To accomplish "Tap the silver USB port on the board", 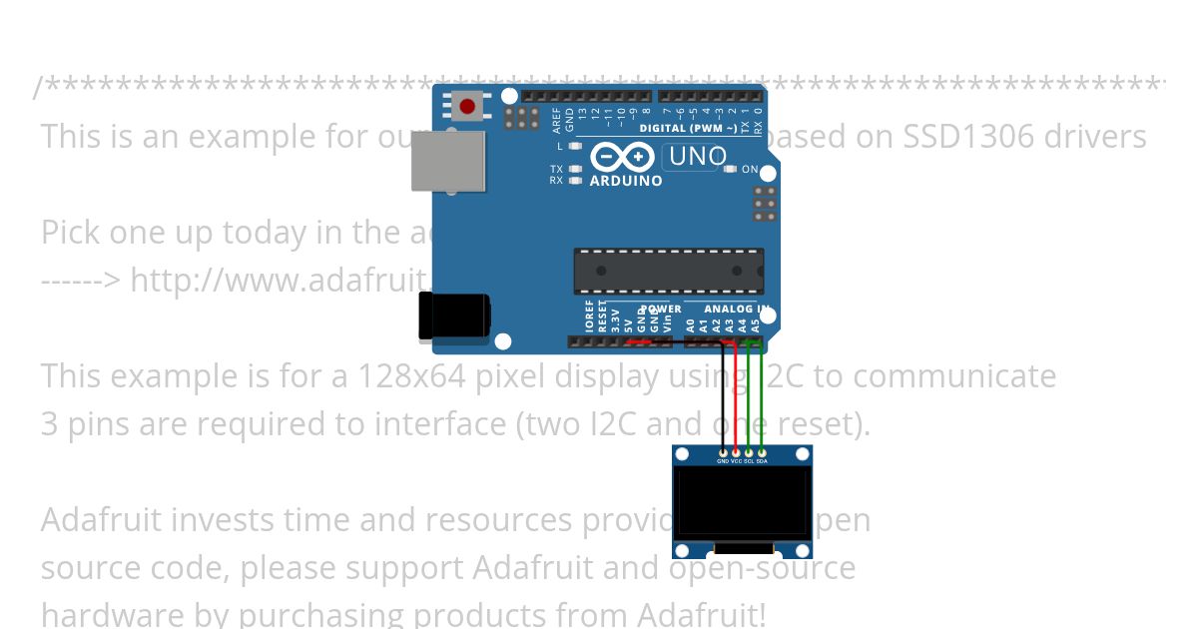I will pos(448,161).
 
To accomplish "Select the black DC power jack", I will pos(454,316).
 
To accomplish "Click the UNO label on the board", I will pos(697,157).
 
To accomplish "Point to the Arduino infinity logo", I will pos(622,158).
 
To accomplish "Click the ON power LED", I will pos(730,170).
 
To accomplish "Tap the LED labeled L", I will pos(575,146).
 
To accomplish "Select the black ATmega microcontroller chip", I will pos(668,271).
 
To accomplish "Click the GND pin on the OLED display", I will pos(723,454).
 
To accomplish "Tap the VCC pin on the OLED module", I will pos(736,454).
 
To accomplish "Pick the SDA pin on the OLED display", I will pos(762,454).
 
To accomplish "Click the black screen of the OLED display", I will pos(742,504).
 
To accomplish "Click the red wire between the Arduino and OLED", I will pos(736,399).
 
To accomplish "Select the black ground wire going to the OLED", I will pos(723,399).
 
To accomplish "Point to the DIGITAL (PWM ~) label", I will pos(689,129).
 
